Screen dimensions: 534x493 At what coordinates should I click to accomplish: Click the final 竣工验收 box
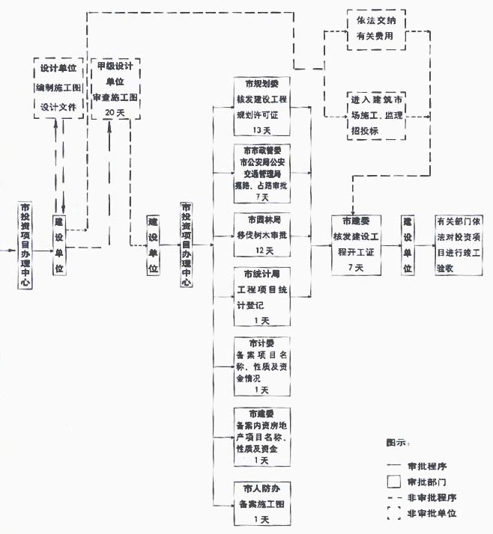460,244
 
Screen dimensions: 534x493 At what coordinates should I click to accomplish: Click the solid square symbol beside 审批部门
393,480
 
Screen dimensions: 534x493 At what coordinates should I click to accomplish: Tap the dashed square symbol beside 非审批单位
393,514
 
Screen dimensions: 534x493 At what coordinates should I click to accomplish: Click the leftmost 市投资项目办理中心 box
25,245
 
